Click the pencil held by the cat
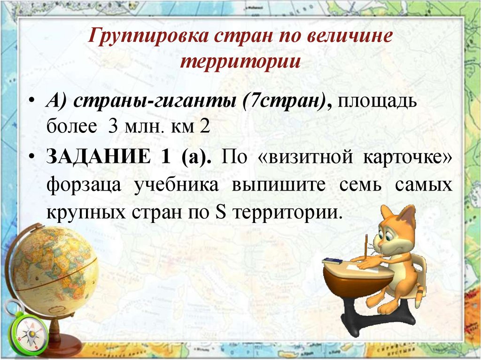(x=365, y=246)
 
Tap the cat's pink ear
(x=406, y=216)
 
